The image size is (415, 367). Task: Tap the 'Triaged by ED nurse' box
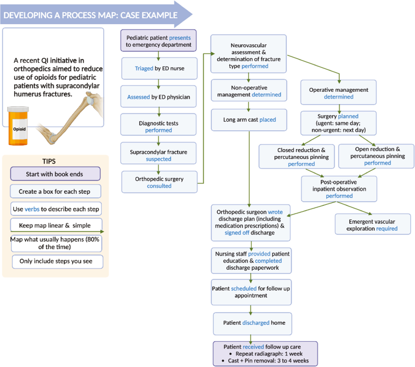[x=159, y=68]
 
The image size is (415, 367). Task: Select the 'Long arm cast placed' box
[x=249, y=120]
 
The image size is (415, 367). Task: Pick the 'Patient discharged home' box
[x=252, y=323]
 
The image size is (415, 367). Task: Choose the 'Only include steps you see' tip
[x=57, y=261]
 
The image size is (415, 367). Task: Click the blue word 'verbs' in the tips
[x=32, y=209]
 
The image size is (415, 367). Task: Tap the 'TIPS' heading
[x=49, y=161]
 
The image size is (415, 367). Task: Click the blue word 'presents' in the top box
[x=180, y=38]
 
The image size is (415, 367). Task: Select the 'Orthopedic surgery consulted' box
[x=159, y=182]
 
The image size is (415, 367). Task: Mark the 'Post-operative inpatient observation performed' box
[x=339, y=189]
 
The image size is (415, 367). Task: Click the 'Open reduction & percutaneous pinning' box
[x=376, y=156]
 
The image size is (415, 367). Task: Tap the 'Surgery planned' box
[x=338, y=123]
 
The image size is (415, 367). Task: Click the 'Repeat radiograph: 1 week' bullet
[x=269, y=354]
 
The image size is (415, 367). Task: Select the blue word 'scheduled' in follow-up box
[x=244, y=289]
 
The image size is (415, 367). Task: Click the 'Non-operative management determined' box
[x=249, y=91]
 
